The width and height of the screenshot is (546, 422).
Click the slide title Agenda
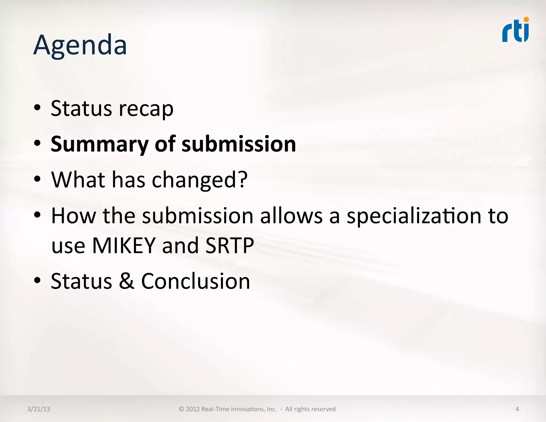point(80,45)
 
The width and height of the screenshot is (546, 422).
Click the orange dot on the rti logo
point(526,19)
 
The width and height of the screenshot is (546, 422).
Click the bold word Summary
point(99,144)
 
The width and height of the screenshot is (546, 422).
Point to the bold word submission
point(239,144)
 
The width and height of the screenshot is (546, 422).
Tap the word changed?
point(200,180)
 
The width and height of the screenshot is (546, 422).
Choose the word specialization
point(414,216)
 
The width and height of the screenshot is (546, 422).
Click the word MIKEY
point(124,245)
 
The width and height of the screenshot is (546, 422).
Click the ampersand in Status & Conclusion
point(126,281)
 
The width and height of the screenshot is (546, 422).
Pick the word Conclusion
point(195,281)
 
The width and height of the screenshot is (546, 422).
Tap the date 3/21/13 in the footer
point(39,409)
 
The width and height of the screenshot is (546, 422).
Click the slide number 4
point(517,409)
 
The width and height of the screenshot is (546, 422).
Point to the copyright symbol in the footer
point(182,409)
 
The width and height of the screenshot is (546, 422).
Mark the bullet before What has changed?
point(37,179)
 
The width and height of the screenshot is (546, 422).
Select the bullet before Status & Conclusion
point(37,280)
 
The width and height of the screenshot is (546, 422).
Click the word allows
point(291,216)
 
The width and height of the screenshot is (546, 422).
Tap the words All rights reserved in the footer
point(310,409)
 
